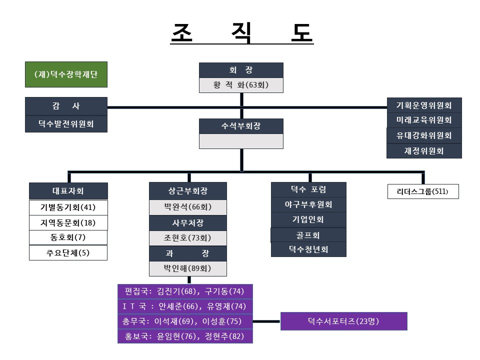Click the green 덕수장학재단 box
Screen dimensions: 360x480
[x=66, y=74]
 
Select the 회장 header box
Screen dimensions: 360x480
[x=241, y=70]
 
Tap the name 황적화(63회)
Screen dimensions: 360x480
[x=241, y=85]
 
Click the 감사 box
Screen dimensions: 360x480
[x=66, y=106]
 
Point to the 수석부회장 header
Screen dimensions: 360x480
[x=241, y=126]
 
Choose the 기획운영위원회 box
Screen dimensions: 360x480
[x=423, y=105]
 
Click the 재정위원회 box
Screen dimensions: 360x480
[x=423, y=150]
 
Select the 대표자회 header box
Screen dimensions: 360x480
[x=68, y=190]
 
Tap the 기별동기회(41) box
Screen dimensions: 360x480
[x=68, y=207]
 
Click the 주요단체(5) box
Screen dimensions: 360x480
[x=68, y=253]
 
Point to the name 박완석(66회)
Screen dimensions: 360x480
[x=187, y=207]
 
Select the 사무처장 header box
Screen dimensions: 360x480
[x=187, y=222]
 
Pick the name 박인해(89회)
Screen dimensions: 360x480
[x=187, y=268]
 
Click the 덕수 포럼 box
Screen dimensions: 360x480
[x=308, y=189]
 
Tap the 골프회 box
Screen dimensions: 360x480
[x=308, y=235]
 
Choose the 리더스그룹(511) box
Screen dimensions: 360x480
[x=423, y=191]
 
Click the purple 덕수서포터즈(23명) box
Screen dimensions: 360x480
[x=343, y=321]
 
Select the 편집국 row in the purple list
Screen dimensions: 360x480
[x=185, y=291]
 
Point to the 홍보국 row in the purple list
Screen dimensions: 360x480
[x=185, y=336]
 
